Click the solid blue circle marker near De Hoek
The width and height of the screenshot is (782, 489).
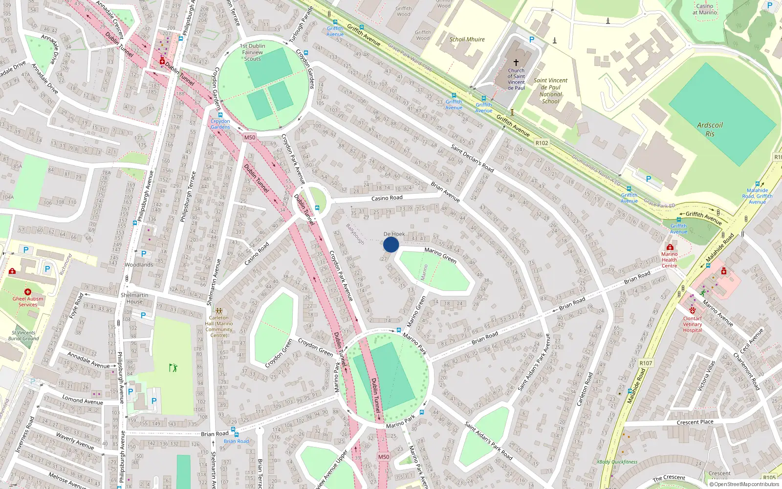(x=391, y=244)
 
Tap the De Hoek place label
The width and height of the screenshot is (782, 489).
(x=394, y=234)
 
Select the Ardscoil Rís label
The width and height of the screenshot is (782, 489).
(x=710, y=130)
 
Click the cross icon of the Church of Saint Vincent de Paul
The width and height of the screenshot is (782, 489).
(x=516, y=63)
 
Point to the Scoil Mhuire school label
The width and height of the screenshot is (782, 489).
(x=467, y=39)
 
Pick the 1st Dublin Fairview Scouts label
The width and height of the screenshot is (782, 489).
(x=253, y=52)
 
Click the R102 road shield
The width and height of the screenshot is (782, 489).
(x=542, y=143)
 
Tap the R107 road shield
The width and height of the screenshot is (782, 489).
(x=646, y=363)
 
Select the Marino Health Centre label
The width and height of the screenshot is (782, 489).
(x=669, y=260)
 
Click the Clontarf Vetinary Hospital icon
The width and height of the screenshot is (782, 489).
(x=692, y=310)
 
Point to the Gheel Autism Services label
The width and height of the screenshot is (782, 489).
(x=28, y=301)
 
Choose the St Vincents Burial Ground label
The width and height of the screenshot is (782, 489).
(x=23, y=335)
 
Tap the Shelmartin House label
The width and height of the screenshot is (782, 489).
(x=134, y=298)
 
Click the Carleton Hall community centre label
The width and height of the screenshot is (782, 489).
(x=219, y=326)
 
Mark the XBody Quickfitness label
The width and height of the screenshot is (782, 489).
(x=617, y=462)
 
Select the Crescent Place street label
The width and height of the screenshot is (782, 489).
(x=695, y=422)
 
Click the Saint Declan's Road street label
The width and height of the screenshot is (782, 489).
(x=472, y=158)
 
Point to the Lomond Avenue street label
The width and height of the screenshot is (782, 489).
(x=83, y=400)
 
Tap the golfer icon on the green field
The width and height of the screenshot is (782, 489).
(x=173, y=367)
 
